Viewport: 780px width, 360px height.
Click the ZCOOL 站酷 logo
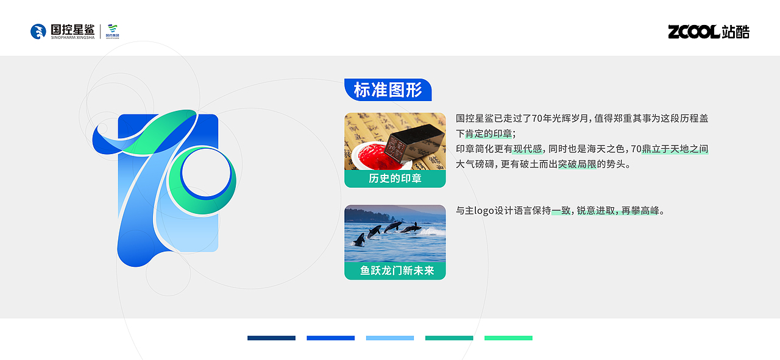pos(708,32)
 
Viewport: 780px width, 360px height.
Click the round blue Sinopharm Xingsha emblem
pos(38,32)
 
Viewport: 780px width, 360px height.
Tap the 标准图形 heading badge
pos(388,90)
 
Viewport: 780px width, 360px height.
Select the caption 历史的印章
pos(395,178)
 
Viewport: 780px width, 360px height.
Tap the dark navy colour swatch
pos(271,338)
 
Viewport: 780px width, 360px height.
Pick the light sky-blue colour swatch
pos(390,338)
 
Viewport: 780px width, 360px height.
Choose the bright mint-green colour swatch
pos(508,338)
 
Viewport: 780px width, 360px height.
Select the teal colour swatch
pos(449,338)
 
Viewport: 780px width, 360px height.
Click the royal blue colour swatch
pos(330,338)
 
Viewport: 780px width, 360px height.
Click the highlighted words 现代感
pos(528,149)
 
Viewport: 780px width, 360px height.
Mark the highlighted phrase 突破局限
pos(577,164)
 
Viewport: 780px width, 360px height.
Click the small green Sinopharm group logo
pos(113,31)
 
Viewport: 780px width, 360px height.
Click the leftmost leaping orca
pos(360,239)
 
